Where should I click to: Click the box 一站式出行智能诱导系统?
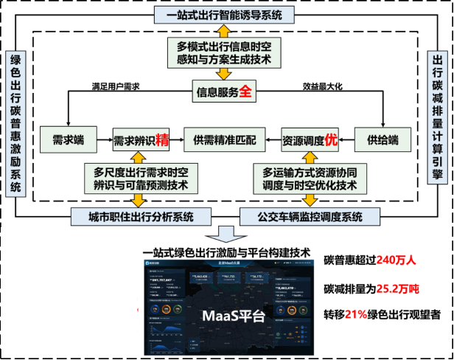[224, 14]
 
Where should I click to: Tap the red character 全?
[245, 92]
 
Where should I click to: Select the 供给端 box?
[383, 139]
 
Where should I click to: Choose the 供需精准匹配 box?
[224, 139]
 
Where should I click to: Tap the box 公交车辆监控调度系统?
[310, 216]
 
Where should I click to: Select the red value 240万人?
[396, 260]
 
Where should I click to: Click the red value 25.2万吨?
[398, 288]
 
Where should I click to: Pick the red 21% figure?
[355, 314]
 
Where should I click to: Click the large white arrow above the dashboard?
[225, 234]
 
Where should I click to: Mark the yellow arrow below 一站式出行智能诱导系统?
[224, 31]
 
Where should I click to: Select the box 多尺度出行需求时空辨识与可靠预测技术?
[142, 179]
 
